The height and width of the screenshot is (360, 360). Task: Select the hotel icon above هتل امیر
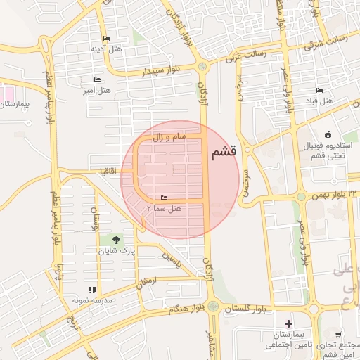click(97, 80)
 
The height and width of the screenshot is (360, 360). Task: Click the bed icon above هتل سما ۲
click(165, 198)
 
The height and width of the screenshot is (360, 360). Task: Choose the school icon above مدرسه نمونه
click(91, 290)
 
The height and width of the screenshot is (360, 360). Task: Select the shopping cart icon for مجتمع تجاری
click(338, 335)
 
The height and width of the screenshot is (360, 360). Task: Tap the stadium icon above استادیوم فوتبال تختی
click(327, 134)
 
